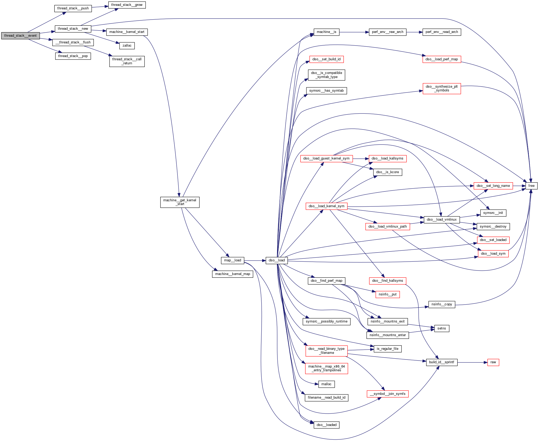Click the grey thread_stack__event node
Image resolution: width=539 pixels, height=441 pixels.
click(20, 36)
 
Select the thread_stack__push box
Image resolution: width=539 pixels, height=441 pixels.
click(73, 8)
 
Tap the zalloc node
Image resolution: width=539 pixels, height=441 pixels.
click(127, 46)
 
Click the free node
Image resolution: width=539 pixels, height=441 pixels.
click(531, 186)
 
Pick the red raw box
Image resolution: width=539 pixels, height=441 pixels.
click(493, 362)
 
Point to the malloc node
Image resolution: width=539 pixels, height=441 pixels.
click(326, 384)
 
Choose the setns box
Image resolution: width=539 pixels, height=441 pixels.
click(441, 328)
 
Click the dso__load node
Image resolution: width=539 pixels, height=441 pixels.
click(277, 260)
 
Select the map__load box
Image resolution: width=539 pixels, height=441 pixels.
click(232, 260)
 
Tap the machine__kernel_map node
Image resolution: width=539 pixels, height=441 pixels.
click(232, 274)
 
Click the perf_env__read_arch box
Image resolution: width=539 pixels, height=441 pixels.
click(441, 32)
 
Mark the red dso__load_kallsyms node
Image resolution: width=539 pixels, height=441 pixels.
click(387, 158)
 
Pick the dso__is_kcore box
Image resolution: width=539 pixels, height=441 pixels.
click(387, 172)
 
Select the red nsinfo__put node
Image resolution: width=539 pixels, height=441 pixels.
click(387, 294)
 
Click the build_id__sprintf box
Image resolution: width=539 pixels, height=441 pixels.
click(441, 362)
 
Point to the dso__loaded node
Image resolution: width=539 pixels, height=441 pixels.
click(326, 425)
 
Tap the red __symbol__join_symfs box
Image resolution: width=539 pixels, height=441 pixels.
click(387, 394)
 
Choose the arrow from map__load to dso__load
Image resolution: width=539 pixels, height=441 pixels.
click(255, 261)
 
